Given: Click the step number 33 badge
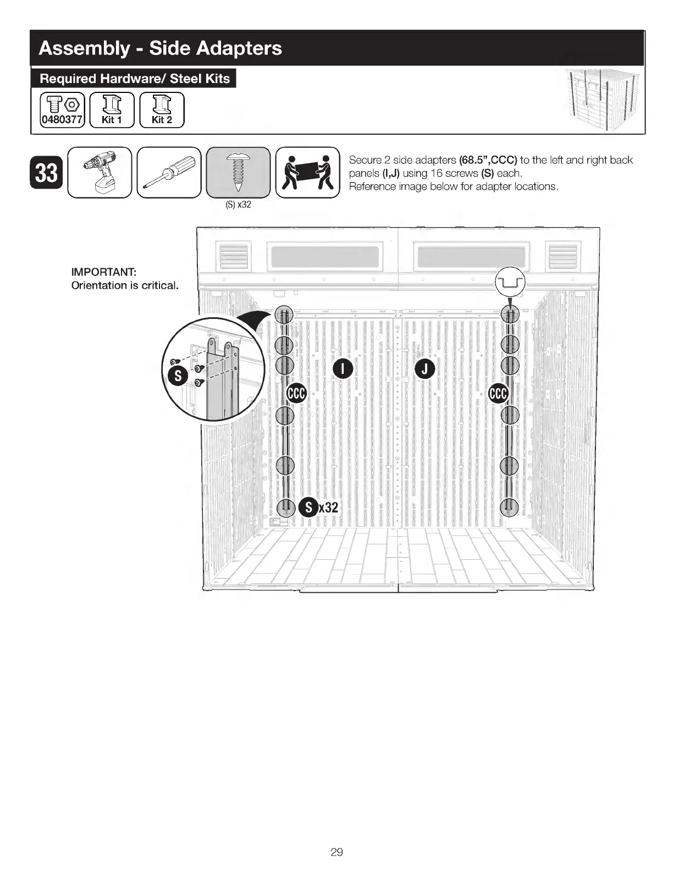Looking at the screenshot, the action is [46, 173].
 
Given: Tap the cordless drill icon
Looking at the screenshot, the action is [100, 172].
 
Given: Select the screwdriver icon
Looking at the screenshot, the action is [169, 172].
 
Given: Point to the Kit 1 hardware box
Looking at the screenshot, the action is [112, 110].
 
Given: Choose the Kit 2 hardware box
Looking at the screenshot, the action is [162, 110].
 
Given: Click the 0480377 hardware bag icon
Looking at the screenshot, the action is [62, 110].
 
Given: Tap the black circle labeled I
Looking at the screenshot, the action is [342, 369].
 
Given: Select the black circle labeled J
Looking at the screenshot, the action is [424, 369].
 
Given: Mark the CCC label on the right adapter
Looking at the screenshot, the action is [499, 393].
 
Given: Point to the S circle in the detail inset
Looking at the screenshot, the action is [178, 377].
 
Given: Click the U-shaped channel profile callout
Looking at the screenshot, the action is [511, 283].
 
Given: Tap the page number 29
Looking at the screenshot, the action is [336, 852].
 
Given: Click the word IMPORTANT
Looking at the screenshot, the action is [104, 272].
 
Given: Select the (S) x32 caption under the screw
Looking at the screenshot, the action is [238, 205].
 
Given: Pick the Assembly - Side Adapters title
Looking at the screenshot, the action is [161, 48].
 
